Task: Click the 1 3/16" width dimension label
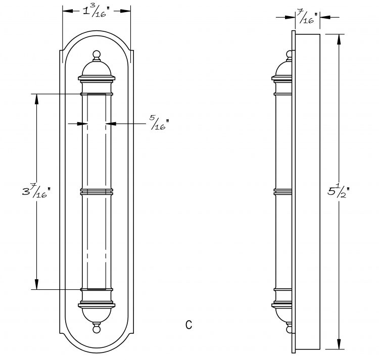(96, 11)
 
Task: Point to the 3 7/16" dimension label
(36, 190)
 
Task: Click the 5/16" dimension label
(159, 123)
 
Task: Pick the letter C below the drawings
(189, 325)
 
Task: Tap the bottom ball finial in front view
(97, 329)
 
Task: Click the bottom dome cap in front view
(97, 315)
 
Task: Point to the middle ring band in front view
(97, 192)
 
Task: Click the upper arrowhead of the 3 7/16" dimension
(37, 99)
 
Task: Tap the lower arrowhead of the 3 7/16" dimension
(37, 284)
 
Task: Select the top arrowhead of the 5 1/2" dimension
(339, 39)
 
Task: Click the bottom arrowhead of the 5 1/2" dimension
(339, 344)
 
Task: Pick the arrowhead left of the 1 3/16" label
(68, 11)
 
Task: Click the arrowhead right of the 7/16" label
(325, 17)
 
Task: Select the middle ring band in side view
(283, 192)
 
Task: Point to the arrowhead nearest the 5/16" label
(111, 124)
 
